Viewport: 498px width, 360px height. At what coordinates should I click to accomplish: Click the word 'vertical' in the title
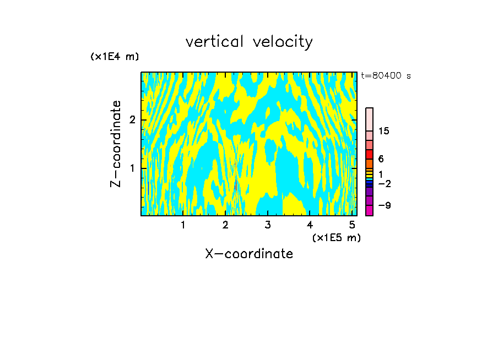(x=213, y=42)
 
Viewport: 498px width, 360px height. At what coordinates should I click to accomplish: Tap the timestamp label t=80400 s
(x=386, y=76)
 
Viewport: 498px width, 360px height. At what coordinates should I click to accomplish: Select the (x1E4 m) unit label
(x=115, y=57)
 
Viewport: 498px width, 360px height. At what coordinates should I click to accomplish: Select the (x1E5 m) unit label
(x=336, y=237)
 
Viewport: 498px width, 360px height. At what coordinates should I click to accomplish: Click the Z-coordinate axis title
(x=116, y=144)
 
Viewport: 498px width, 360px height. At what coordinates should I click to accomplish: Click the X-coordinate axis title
(x=249, y=254)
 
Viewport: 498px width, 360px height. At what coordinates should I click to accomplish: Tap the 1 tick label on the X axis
(x=183, y=225)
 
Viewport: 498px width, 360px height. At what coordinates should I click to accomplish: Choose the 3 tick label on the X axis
(x=268, y=225)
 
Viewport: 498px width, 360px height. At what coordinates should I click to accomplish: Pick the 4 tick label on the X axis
(x=310, y=225)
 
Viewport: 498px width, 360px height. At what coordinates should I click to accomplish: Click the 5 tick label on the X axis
(x=352, y=225)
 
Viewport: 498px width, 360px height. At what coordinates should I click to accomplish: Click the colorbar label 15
(x=384, y=131)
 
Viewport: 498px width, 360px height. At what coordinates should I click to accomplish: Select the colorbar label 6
(x=381, y=159)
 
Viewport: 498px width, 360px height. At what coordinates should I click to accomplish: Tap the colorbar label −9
(x=384, y=205)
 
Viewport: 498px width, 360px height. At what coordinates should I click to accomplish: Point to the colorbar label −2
(x=384, y=183)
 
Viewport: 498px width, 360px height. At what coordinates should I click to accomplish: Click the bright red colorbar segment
(x=369, y=154)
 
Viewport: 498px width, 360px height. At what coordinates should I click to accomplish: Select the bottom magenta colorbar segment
(x=369, y=210)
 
